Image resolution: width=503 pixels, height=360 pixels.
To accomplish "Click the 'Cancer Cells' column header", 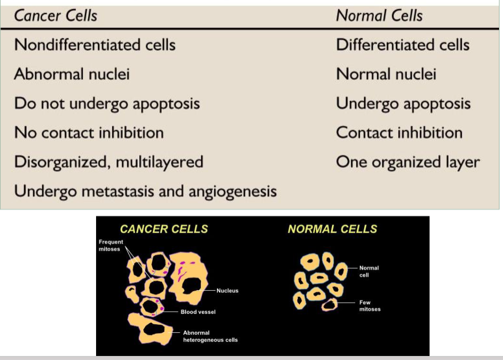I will pos(55,16).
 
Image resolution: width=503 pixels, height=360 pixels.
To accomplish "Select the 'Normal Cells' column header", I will pos(379,16).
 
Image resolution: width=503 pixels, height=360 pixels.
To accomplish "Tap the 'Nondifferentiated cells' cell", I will pos(95,45).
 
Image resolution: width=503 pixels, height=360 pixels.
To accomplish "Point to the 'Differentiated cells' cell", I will pos(402,45).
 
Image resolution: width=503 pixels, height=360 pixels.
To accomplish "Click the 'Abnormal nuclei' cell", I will pos(72,74).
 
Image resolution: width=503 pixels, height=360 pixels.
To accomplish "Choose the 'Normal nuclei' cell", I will pos(386,74).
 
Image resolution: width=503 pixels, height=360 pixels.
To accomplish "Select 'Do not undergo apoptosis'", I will pos(107,104).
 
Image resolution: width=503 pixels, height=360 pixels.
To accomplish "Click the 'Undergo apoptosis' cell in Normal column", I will pos(403,104).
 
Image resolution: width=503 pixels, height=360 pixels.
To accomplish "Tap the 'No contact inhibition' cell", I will pos(89,133).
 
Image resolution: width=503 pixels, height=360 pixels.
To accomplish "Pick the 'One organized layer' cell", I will pos(407,162).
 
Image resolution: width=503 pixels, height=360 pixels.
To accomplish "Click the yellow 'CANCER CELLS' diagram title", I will pos(163,229).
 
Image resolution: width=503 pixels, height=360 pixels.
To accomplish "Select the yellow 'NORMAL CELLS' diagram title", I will pos(332,229).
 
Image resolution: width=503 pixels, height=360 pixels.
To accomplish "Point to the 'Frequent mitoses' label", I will pos(111,245).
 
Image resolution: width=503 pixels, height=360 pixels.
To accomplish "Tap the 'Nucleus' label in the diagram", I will pos(227,291).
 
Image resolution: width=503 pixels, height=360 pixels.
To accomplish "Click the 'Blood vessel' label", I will pos(198,312).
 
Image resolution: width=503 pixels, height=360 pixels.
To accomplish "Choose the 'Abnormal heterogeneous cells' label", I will pos(210,336).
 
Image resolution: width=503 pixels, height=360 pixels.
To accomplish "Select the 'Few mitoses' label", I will pos(370,306).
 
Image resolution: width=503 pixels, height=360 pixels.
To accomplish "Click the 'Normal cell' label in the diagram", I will pos(369,272).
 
